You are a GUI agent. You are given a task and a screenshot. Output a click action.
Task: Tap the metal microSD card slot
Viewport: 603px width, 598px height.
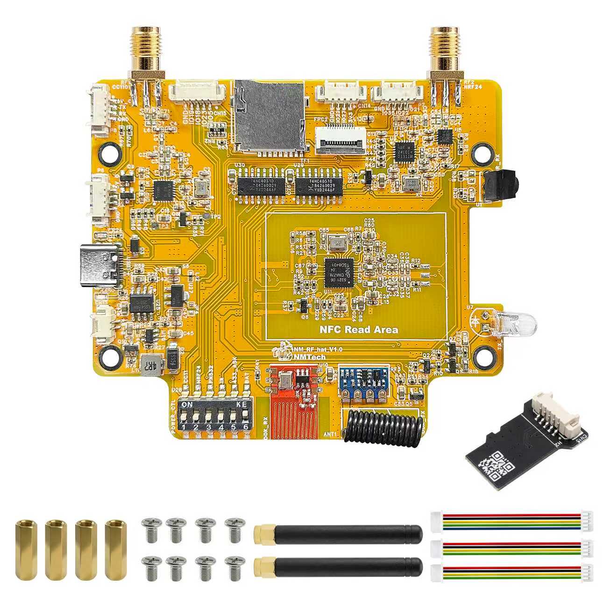coord(269,114)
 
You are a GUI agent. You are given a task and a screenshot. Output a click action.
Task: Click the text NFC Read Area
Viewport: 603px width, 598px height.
coord(359,330)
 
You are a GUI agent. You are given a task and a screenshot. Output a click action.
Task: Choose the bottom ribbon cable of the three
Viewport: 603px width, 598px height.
coord(512,574)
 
